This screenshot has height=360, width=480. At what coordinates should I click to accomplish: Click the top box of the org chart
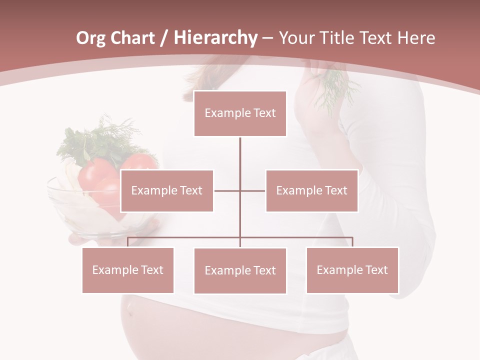pos(240,113)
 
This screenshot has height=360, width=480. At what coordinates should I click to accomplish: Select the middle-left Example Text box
pos(167,190)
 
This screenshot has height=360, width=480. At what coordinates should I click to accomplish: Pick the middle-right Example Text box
pos(311,190)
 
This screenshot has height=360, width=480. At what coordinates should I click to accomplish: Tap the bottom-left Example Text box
pos(128,270)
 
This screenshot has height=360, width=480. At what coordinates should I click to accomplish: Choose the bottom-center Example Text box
pos(240,270)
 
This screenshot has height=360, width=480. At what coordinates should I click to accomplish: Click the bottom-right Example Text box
pos(352,270)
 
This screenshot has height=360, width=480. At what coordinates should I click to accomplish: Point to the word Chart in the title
pos(132,38)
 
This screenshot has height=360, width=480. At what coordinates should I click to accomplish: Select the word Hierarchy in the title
pos(215,38)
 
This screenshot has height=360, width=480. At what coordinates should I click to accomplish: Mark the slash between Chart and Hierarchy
pos(164,38)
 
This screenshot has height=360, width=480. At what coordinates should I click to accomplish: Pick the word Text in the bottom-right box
pos(376,270)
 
